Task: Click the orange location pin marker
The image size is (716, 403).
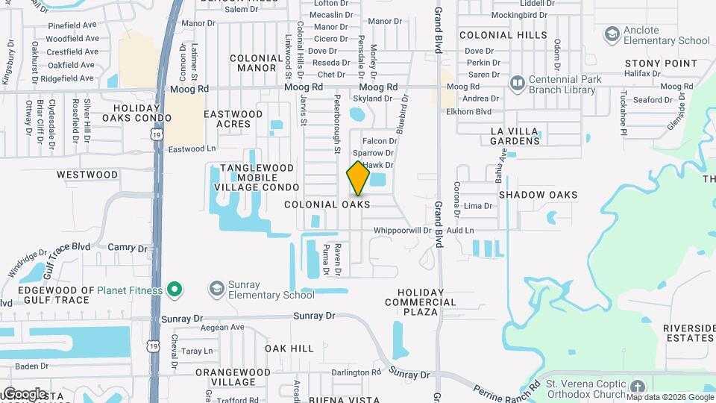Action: point(358,178)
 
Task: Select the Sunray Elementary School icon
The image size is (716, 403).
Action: point(216,288)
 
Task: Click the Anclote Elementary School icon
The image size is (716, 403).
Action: point(612,34)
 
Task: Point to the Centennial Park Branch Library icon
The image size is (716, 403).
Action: point(516,81)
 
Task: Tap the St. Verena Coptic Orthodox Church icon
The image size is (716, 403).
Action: point(637,387)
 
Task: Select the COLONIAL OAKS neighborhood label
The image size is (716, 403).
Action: point(327,204)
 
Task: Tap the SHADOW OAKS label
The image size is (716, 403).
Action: point(538,195)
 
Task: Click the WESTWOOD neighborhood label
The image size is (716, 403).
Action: point(87,175)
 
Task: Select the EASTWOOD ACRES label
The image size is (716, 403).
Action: point(233,119)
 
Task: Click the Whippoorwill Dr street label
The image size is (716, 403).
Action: point(402,231)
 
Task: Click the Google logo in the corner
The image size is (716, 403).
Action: point(24,393)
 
